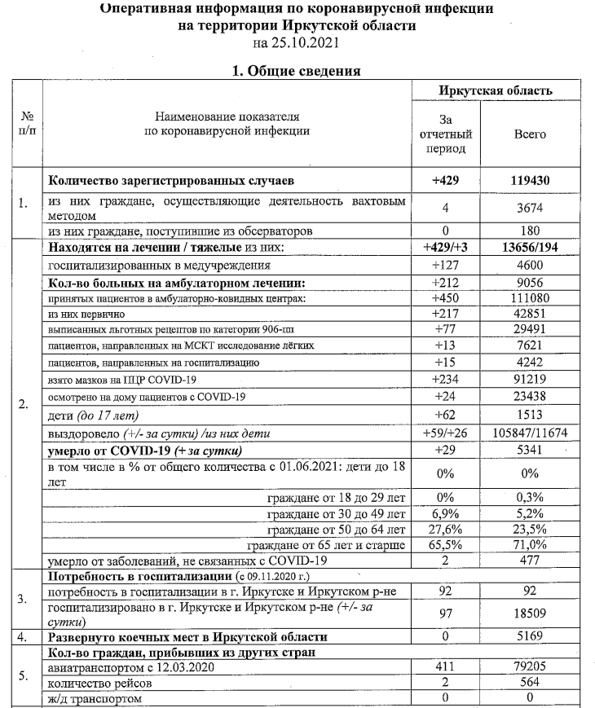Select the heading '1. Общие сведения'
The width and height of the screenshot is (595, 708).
297,71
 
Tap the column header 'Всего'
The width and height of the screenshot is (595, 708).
530,134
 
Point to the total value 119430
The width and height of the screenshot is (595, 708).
530,179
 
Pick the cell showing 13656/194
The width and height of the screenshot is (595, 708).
530,248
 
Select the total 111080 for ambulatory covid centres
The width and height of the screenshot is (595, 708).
530,299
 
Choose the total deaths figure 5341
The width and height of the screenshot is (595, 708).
530,450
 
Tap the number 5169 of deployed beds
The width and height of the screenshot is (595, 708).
530,637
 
